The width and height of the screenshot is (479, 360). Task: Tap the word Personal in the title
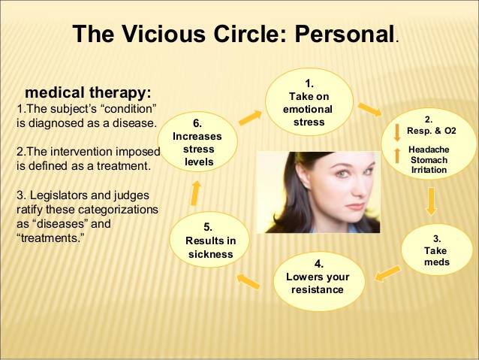(x=344, y=34)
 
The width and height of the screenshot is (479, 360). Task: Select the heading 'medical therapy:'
(x=88, y=92)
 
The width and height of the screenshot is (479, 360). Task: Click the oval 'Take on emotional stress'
(x=309, y=102)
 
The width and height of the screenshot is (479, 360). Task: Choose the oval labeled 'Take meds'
(x=436, y=250)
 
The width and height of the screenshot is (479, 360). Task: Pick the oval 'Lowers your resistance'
(x=318, y=281)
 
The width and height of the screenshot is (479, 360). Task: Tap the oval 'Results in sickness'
(x=209, y=241)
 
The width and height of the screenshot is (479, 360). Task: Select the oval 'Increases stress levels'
(x=197, y=142)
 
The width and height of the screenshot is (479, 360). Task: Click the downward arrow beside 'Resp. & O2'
(x=397, y=132)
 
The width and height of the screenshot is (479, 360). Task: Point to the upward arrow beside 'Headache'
(x=397, y=156)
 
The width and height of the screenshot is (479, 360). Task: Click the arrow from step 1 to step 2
(x=370, y=110)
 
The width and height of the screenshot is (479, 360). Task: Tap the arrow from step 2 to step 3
(x=431, y=202)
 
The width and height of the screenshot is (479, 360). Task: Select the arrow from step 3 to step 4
(x=387, y=273)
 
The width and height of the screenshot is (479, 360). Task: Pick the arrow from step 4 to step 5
(x=249, y=282)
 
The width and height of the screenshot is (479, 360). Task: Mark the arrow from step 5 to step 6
(x=195, y=193)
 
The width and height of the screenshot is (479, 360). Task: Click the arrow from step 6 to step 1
(x=250, y=118)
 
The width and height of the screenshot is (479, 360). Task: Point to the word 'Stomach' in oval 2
(x=429, y=160)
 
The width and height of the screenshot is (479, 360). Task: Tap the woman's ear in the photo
(x=305, y=181)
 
